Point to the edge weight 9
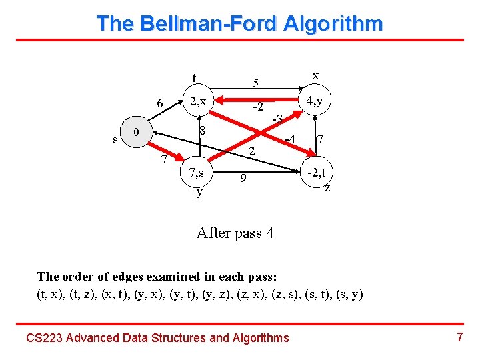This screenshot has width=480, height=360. point(244,179)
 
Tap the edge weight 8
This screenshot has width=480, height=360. point(205,129)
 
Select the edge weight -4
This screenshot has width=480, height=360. point(289,139)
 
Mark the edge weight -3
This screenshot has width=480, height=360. point(279,119)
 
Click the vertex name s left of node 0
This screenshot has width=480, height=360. point(115,140)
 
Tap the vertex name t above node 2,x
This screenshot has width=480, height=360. point(194,78)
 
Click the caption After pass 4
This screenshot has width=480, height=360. point(235,233)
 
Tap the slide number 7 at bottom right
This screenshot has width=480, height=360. point(459,337)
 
